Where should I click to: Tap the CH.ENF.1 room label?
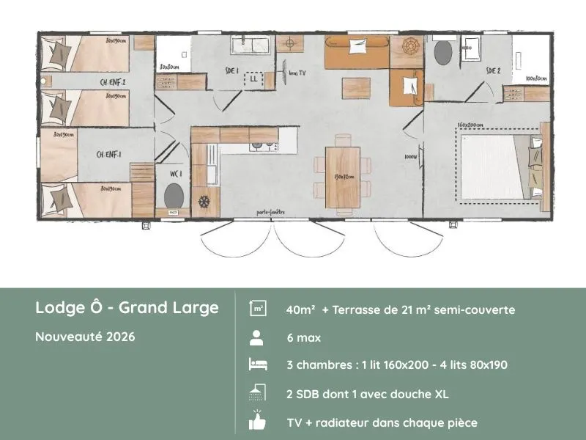(x=109, y=154)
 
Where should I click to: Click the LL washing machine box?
(x=254, y=78)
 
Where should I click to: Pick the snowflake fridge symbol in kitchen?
(x=205, y=200)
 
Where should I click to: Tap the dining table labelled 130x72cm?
(x=343, y=176)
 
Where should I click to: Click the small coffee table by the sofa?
(x=355, y=82)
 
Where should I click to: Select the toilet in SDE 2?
(x=442, y=52)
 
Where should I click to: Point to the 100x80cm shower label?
(x=535, y=78)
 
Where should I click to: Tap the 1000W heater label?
(x=410, y=157)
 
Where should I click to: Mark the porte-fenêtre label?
(x=270, y=213)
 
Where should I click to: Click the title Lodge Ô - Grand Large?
(x=127, y=307)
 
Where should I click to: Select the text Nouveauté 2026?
(x=85, y=337)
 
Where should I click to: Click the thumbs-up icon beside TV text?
(x=257, y=422)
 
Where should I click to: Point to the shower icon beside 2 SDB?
(x=257, y=395)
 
